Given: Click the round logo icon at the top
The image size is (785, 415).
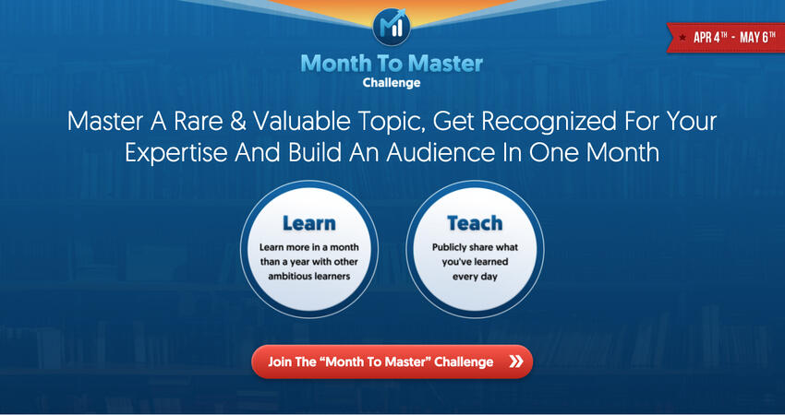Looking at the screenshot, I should click(392, 28).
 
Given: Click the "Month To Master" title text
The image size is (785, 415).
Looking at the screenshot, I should click(392, 65).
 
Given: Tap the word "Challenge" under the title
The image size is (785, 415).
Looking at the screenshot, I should click(392, 83).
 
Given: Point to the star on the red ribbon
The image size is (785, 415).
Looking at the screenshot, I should click(682, 38).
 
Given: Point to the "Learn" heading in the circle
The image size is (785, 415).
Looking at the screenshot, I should click(308, 223).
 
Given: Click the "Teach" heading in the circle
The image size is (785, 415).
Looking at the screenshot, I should click(475, 223).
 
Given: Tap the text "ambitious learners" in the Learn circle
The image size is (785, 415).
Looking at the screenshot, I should click(308, 277).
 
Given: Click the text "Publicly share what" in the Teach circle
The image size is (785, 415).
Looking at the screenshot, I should click(475, 247).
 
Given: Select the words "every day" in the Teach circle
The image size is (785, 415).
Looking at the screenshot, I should click(475, 277).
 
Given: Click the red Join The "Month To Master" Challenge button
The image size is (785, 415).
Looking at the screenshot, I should click(392, 362).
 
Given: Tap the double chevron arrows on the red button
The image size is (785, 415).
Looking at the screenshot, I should click(515, 362).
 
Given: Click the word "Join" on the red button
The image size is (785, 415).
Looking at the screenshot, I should click(281, 362).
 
